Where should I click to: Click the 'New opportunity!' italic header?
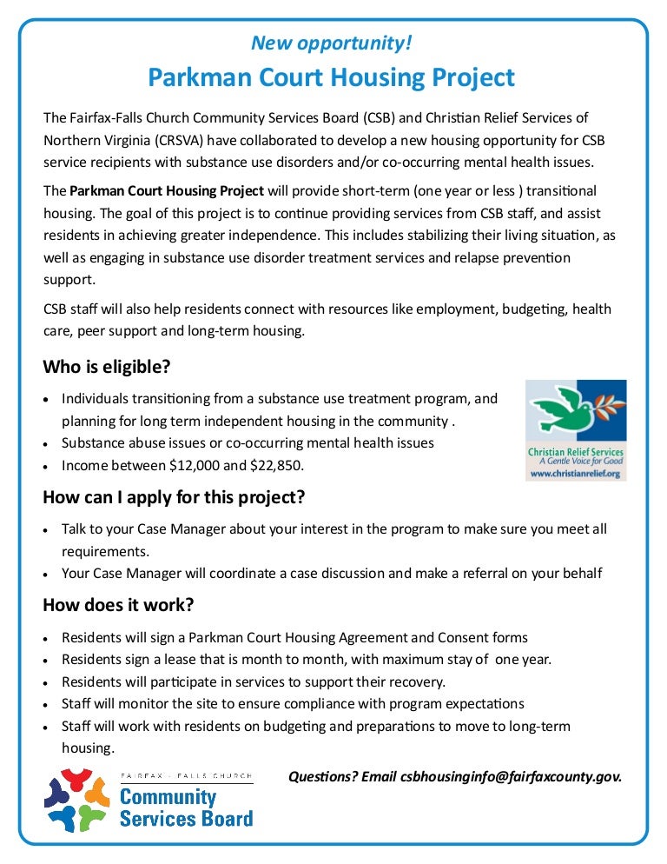click(331, 43)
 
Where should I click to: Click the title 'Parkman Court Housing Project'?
click(331, 77)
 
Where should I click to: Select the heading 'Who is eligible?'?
click(107, 367)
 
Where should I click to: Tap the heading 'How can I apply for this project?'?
click(174, 498)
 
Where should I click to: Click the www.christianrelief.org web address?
click(576, 474)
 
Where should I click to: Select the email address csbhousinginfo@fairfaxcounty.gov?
click(512, 776)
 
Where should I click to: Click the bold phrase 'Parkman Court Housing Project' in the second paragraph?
click(167, 189)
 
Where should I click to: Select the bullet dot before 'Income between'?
click(48, 466)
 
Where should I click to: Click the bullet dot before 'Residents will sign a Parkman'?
click(48, 638)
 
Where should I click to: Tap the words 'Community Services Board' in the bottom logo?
click(185, 807)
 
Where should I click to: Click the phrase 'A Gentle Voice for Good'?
click(576, 462)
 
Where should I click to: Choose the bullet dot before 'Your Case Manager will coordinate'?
click(48, 574)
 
